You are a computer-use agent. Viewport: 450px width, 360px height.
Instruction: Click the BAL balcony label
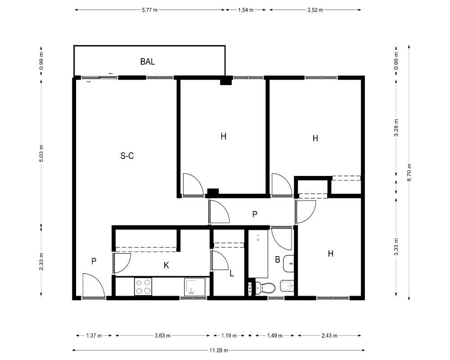point(148,62)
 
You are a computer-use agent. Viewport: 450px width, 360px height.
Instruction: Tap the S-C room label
point(127,156)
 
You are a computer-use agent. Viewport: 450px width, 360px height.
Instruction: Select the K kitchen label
point(166,265)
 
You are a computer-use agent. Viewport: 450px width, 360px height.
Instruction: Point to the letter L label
point(232,273)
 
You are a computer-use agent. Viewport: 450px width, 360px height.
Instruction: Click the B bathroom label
point(278,260)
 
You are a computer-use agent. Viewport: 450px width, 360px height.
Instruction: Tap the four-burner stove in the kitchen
point(143,287)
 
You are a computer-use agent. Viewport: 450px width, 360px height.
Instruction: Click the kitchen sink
point(195,287)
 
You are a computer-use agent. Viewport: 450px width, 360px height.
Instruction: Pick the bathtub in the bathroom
point(258,253)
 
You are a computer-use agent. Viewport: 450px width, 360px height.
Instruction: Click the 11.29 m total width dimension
point(219,350)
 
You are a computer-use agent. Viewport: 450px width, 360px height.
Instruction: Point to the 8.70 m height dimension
point(409,172)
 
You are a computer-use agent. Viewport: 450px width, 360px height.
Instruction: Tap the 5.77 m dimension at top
point(149,10)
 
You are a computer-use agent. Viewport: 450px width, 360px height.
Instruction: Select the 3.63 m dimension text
point(162,336)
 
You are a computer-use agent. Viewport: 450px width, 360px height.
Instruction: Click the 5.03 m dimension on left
point(41,153)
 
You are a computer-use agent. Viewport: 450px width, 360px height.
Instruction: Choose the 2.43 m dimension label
point(329,336)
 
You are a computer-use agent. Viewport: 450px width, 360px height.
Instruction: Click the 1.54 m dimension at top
point(246,10)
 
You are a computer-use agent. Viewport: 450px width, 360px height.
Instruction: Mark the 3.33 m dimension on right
point(396,247)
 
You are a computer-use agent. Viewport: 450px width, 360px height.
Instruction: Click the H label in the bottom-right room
point(331,253)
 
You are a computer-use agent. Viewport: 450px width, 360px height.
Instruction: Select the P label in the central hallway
point(255,214)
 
